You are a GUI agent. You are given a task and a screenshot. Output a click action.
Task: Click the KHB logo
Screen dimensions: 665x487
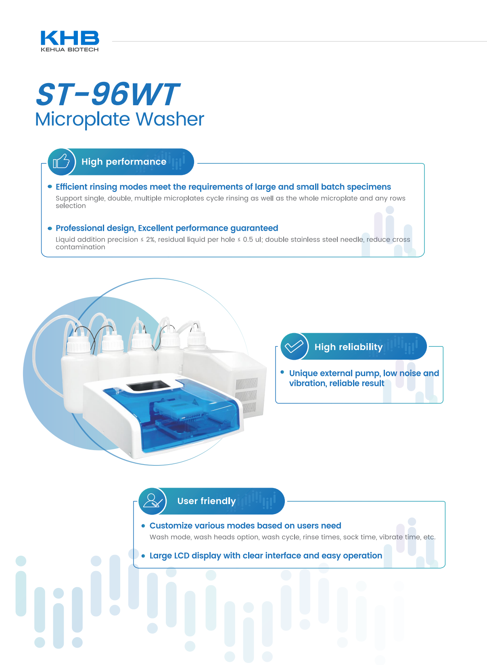[x=70, y=38]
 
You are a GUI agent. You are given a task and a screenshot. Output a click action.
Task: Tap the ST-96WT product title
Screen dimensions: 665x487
[x=107, y=94]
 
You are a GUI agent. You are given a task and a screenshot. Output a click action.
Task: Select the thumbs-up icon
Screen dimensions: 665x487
[x=61, y=162]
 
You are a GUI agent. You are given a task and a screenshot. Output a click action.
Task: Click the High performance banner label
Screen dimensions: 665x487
[x=124, y=162]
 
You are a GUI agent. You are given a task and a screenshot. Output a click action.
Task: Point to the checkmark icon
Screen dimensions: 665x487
[x=294, y=346]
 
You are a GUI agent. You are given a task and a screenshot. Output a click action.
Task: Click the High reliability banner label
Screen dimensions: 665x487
[x=348, y=347]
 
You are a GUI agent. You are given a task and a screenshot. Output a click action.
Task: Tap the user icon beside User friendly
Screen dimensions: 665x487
[x=152, y=501]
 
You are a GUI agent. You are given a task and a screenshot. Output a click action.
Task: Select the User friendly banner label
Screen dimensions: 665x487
[x=207, y=501]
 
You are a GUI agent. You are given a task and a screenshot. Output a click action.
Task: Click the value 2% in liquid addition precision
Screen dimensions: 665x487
[x=150, y=240]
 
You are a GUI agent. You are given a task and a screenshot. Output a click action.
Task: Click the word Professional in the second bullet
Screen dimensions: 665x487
[x=75, y=228]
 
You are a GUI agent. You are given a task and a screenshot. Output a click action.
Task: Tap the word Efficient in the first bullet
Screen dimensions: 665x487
[x=71, y=187]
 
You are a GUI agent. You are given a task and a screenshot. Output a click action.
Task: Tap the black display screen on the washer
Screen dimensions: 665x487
[x=147, y=386]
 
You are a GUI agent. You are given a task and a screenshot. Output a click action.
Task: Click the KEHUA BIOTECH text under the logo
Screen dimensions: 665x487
[x=69, y=50]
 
